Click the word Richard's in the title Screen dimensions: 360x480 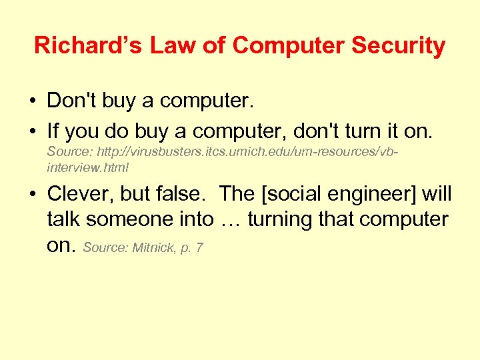(x=89, y=45)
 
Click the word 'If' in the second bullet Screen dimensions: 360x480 (x=53, y=131)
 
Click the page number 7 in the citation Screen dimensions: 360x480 (x=200, y=248)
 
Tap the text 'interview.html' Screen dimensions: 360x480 (x=87, y=167)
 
